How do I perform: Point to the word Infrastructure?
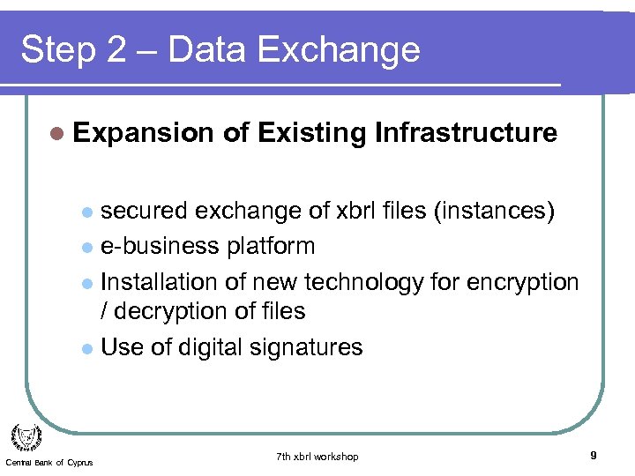pos(466,133)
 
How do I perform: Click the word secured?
pos(145,211)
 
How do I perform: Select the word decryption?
pos(178,311)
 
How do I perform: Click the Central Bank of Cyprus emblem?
pos(26,436)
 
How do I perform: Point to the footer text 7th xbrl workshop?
pos(317,457)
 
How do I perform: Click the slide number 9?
pos(594,456)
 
